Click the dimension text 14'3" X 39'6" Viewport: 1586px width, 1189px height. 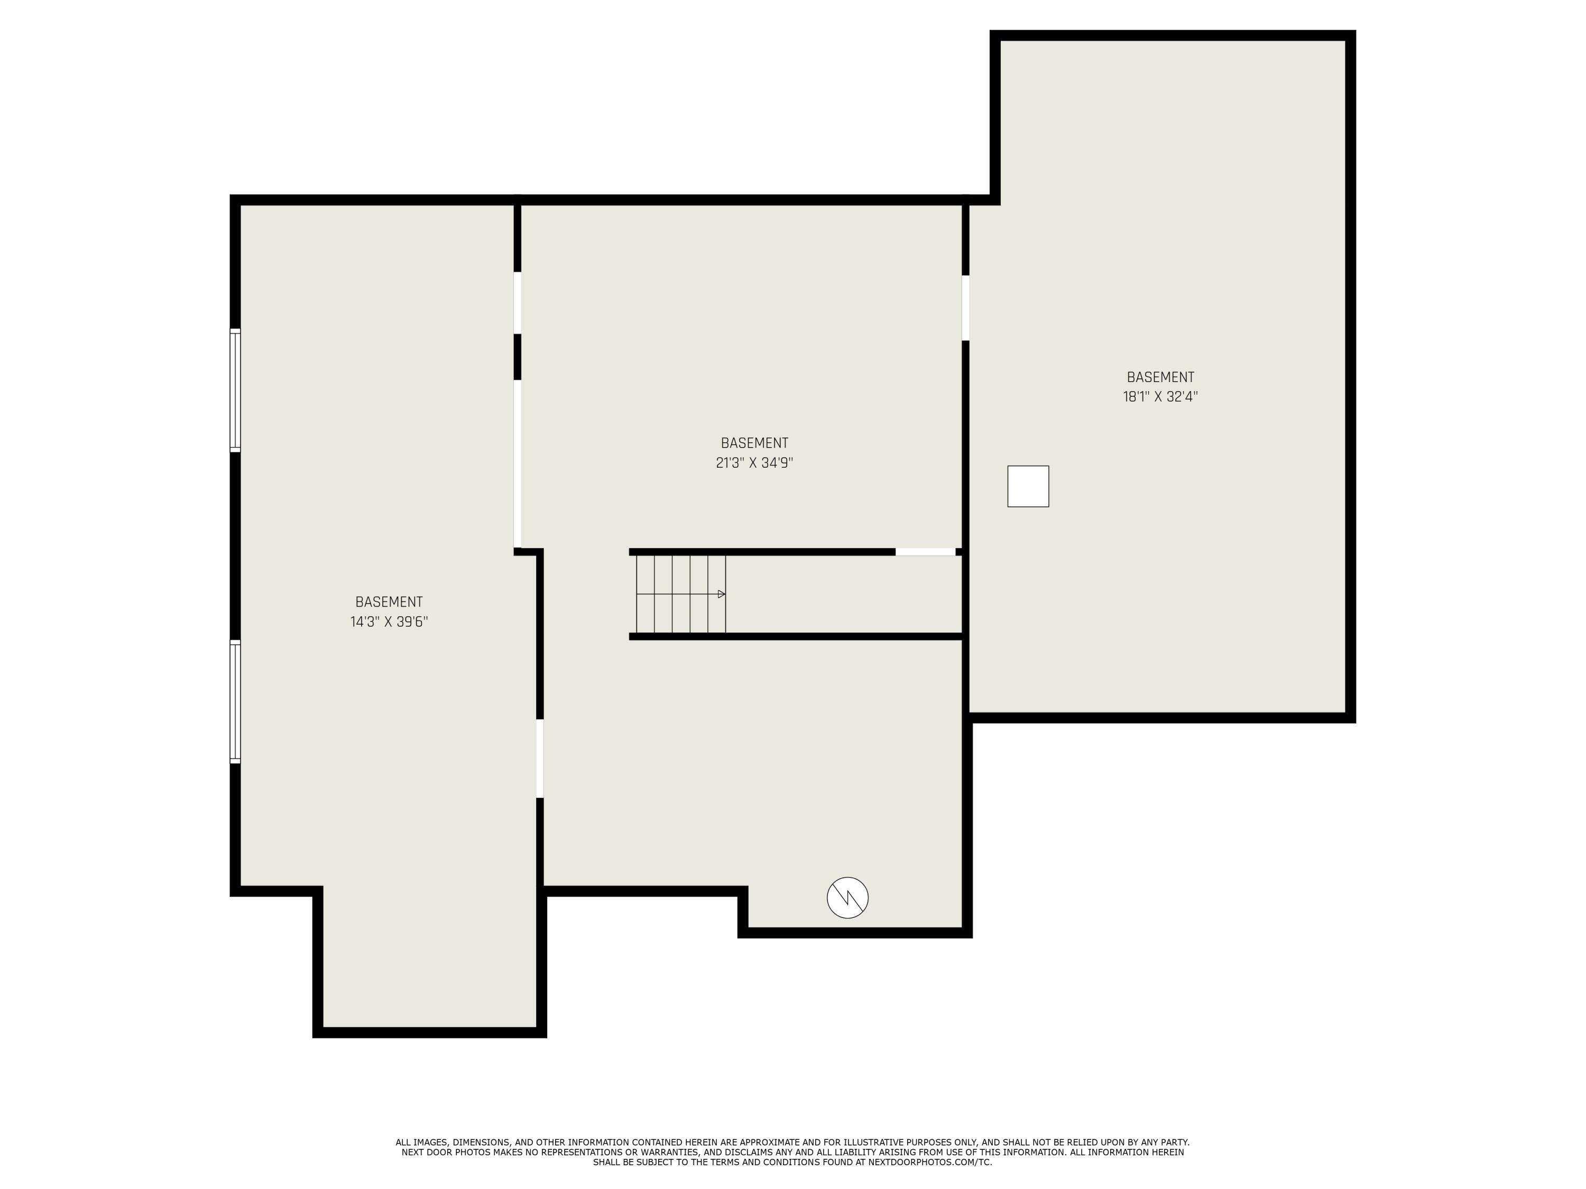tap(389, 622)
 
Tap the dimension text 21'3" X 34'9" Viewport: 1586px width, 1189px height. tap(754, 463)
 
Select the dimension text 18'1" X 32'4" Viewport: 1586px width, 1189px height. tap(1160, 397)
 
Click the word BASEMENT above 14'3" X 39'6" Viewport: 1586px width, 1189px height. tap(389, 602)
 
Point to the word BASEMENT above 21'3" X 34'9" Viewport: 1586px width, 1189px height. tap(754, 443)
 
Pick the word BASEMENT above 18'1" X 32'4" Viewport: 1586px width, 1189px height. tap(1160, 377)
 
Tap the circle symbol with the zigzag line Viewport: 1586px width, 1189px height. tap(847, 897)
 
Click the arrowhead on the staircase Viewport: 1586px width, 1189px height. tap(721, 594)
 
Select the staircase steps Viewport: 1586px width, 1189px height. tap(680, 594)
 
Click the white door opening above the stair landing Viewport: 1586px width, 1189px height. tap(925, 552)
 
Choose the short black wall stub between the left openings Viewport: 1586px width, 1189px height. tap(517, 357)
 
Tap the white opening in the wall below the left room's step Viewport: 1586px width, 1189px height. tap(540, 758)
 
